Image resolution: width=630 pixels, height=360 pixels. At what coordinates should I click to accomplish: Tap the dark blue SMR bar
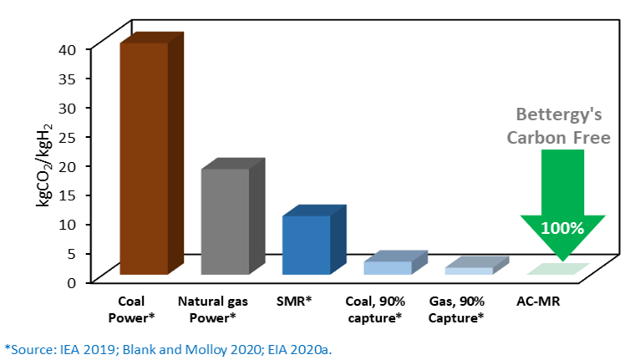click(306, 244)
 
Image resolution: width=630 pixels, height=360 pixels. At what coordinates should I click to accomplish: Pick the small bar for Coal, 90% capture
click(388, 266)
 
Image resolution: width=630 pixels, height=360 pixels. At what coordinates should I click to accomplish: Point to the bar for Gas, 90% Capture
click(469, 270)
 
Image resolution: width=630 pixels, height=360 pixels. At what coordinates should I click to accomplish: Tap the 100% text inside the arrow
click(561, 227)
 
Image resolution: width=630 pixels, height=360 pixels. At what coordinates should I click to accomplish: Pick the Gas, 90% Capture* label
click(456, 307)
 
